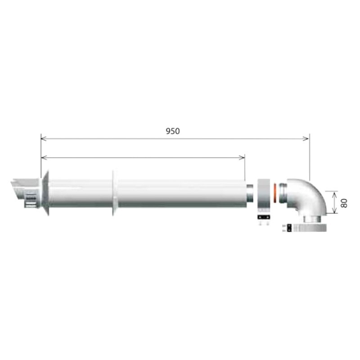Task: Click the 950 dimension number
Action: pos(173,131)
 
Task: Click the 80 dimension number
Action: pos(344,202)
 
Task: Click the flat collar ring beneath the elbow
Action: pos(310,228)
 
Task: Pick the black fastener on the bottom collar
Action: pos(285,228)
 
